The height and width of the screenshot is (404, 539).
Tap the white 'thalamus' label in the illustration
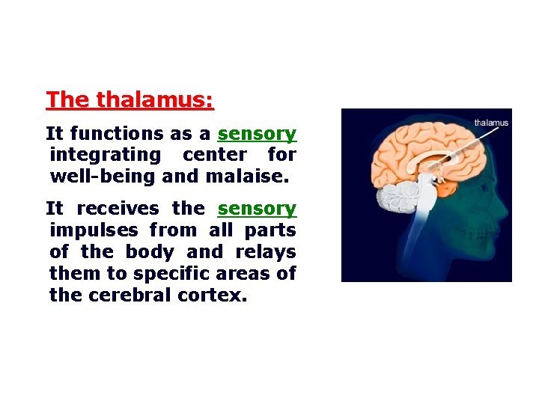(491, 123)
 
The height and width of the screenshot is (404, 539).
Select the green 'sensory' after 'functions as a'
(257, 134)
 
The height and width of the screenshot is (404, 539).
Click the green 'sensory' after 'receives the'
(257, 209)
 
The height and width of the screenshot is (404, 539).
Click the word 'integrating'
(105, 156)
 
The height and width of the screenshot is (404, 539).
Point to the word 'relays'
(266, 252)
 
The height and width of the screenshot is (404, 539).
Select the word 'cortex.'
(212, 296)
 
